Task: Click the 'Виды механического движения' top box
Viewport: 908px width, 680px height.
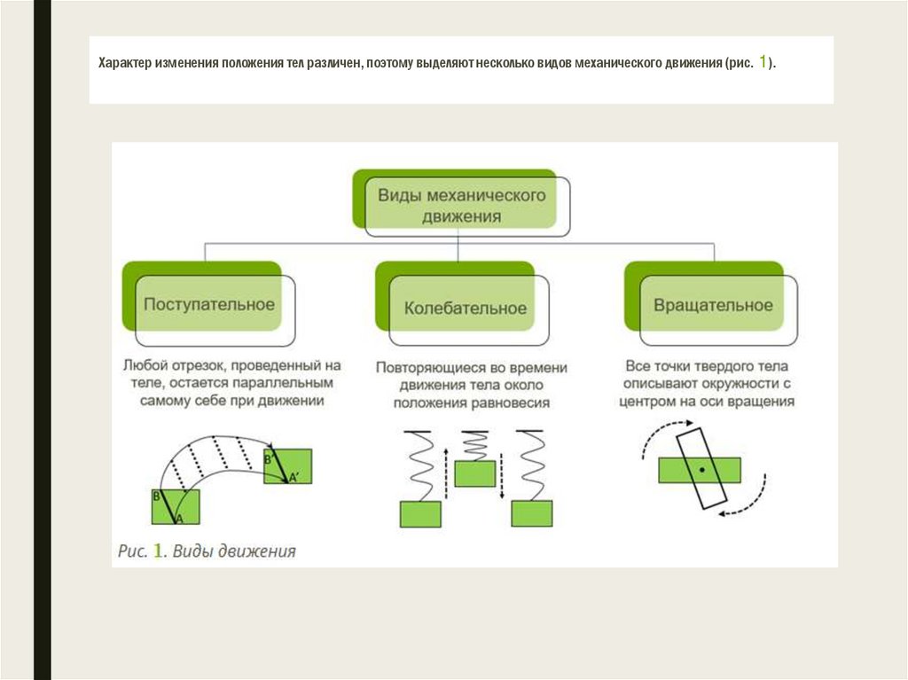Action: [461, 203]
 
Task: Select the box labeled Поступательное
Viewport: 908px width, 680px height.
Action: [209, 304]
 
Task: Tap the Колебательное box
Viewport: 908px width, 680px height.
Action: [465, 308]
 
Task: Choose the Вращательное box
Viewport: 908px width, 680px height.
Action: [713, 305]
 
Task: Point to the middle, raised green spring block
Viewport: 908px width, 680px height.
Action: [474, 473]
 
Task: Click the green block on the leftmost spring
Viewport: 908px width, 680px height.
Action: [419, 513]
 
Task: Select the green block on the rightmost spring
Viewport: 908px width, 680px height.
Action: [532, 513]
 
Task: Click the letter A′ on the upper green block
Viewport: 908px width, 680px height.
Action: [294, 479]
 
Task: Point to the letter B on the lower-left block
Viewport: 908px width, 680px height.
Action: [157, 496]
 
